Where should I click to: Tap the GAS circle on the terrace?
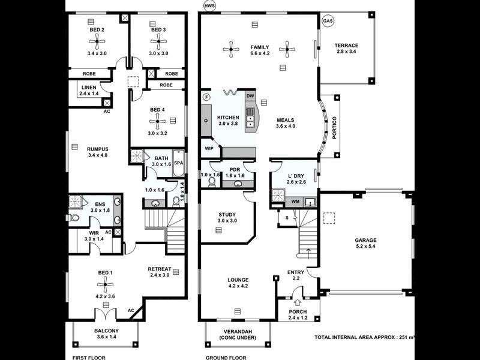pyautogui.click(x=328, y=21)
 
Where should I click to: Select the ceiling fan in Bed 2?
pyautogui.click(x=97, y=41)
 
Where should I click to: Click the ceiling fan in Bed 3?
pyautogui.click(x=158, y=41)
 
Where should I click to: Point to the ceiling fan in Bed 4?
pyautogui.click(x=158, y=122)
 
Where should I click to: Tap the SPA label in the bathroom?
pyautogui.click(x=178, y=163)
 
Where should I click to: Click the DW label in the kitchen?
pyautogui.click(x=250, y=95)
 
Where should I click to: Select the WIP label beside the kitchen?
pyautogui.click(x=209, y=147)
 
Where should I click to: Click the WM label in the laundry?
pyautogui.click(x=295, y=202)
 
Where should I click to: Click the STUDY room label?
pyautogui.click(x=227, y=214)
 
